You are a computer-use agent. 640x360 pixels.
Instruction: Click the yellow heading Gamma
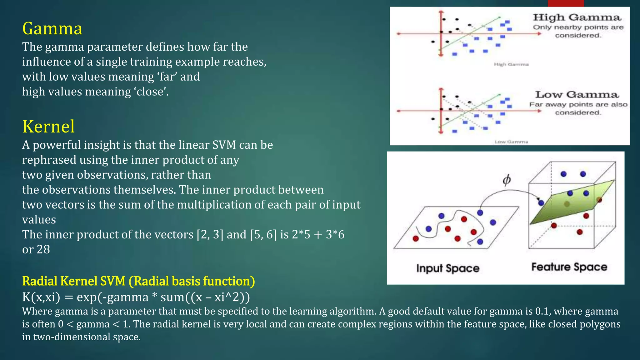52,28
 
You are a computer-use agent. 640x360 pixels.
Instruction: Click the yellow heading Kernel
48,127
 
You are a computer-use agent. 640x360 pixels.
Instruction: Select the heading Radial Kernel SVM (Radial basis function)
138,281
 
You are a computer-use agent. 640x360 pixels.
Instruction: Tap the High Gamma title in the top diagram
577,17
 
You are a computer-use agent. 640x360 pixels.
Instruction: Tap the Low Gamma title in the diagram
577,94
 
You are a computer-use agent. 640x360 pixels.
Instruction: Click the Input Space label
447,268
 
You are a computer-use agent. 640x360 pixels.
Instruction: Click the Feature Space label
569,267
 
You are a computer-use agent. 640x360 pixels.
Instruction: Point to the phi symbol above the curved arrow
507,180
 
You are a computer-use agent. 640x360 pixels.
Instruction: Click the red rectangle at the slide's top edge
566,3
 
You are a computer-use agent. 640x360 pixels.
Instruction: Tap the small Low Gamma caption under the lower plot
511,142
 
